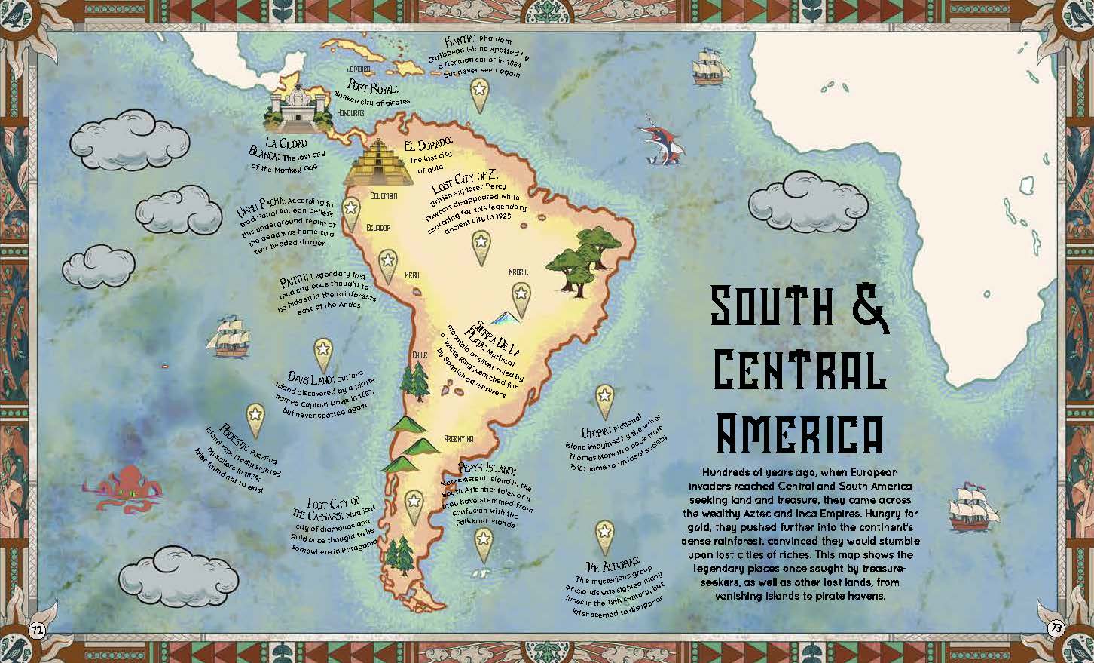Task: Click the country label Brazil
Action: point(518,272)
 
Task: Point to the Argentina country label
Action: point(458,438)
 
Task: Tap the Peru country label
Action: point(412,275)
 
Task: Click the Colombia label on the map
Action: point(384,196)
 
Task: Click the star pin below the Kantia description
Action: point(478,94)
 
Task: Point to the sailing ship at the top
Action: point(711,66)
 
